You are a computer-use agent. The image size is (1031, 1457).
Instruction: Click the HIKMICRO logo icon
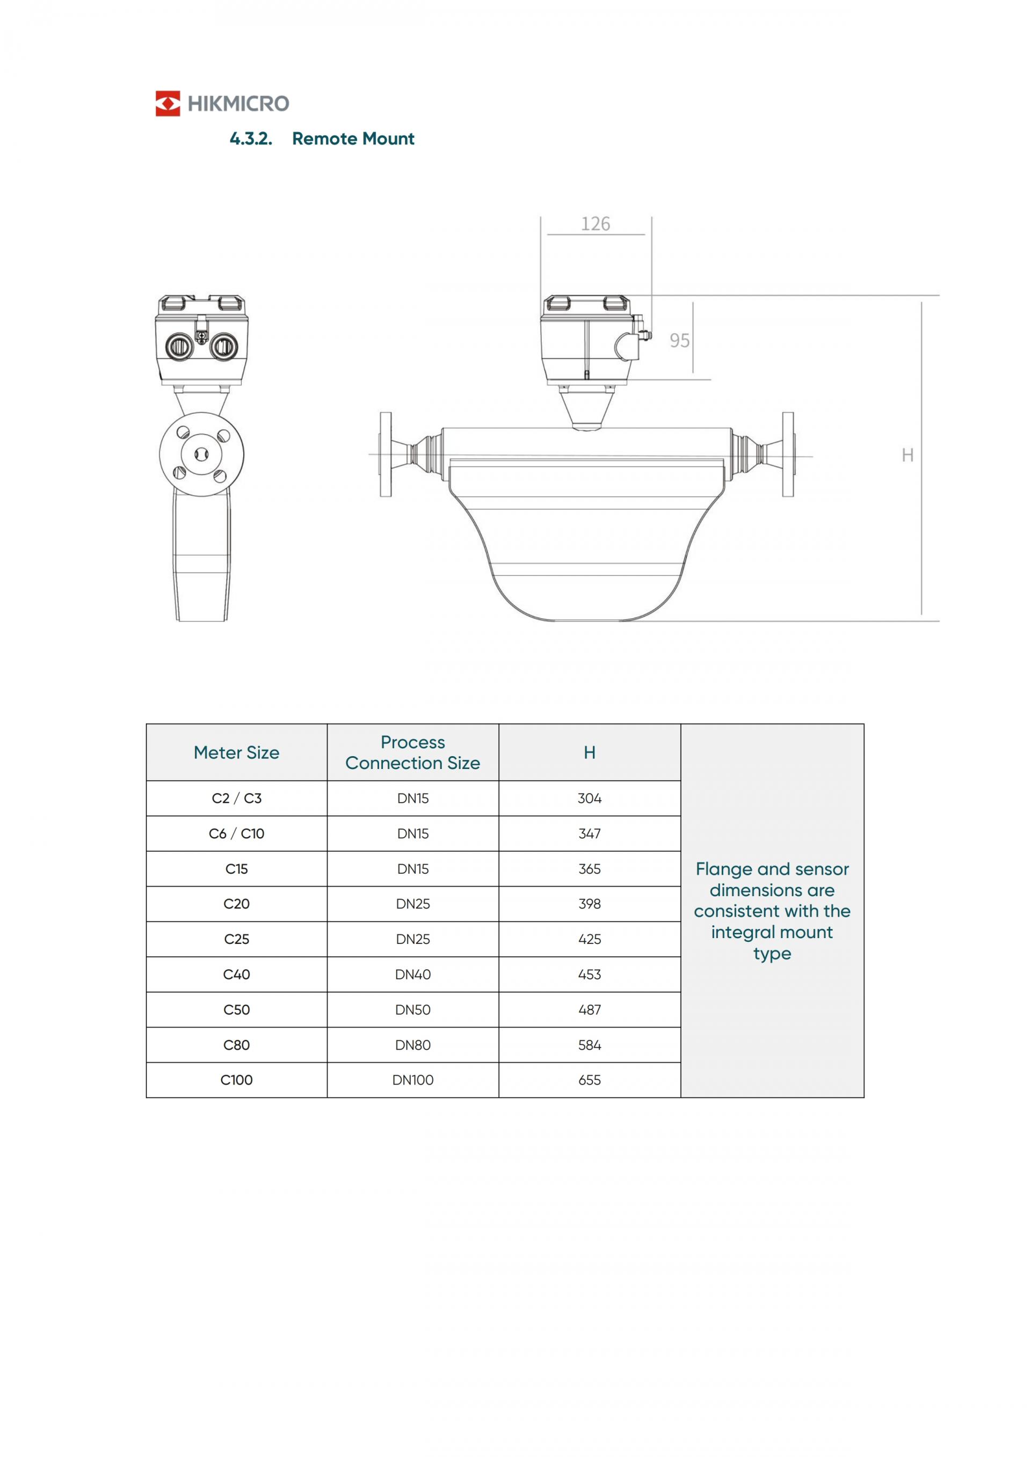tap(168, 104)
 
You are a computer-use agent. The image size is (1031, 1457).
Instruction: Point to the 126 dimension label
tap(596, 224)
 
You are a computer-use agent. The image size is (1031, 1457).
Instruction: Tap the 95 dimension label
tap(679, 341)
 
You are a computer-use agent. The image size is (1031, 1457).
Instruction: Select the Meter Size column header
tap(236, 752)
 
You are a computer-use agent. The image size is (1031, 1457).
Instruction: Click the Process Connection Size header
tap(412, 752)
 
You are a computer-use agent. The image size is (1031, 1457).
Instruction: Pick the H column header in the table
tap(590, 752)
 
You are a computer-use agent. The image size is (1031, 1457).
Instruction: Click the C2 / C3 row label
tap(236, 799)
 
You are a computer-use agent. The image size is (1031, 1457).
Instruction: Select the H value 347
tap(590, 834)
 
